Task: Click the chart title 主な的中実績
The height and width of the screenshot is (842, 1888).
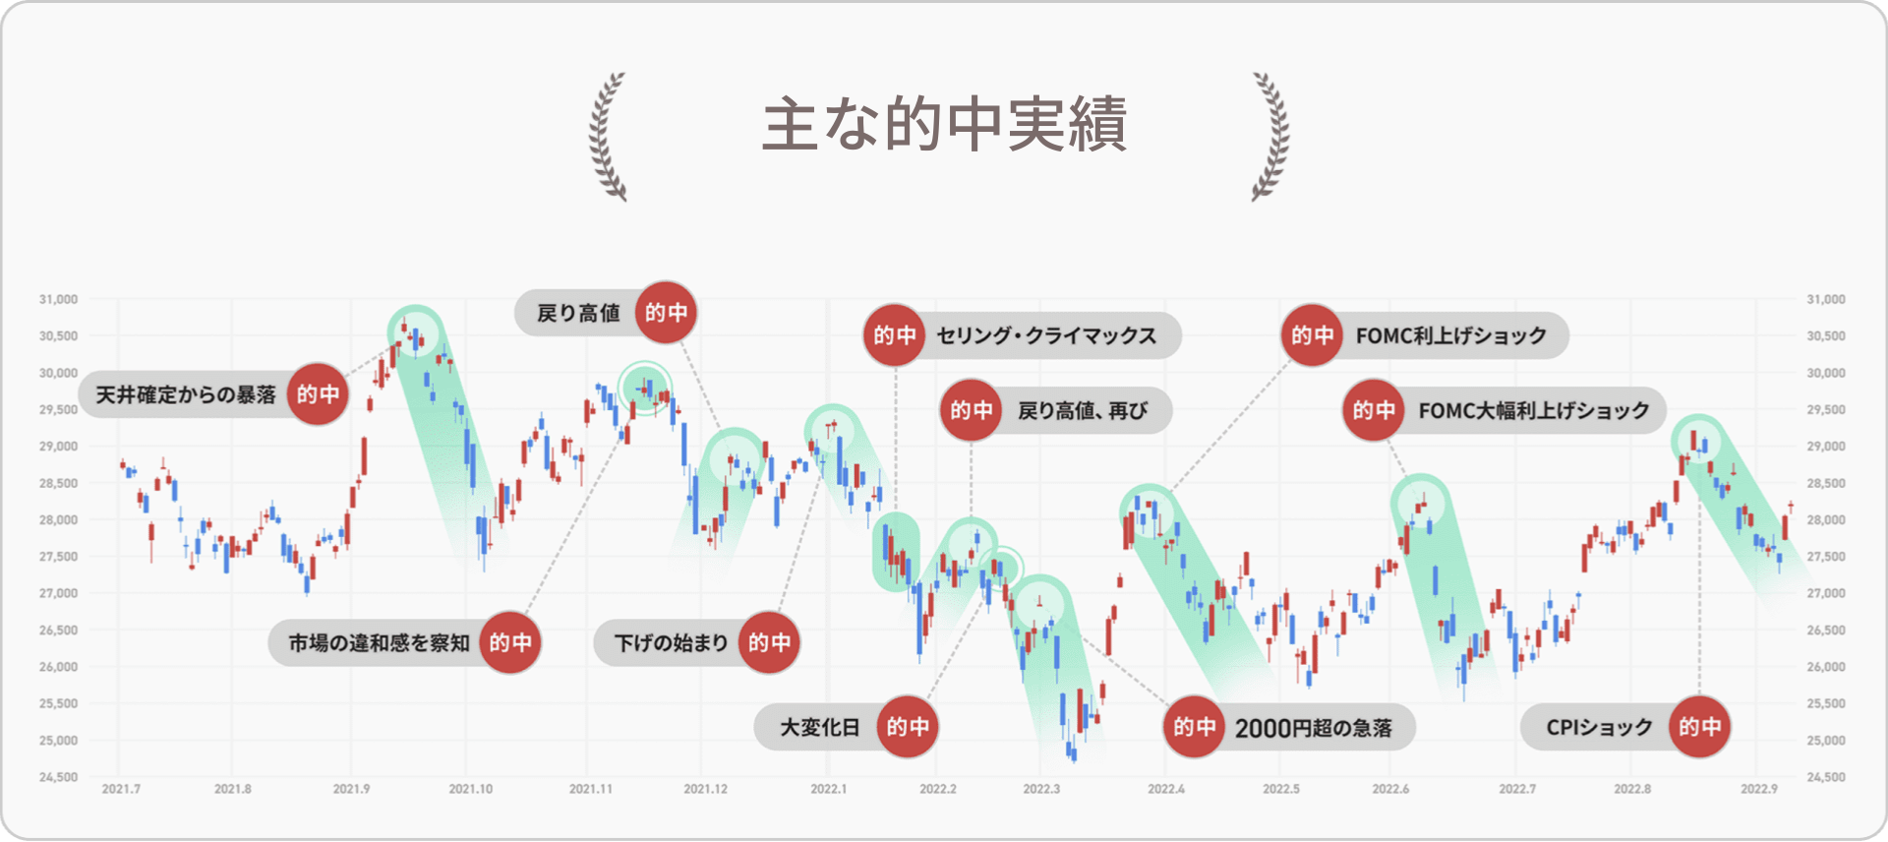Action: pyautogui.click(x=944, y=125)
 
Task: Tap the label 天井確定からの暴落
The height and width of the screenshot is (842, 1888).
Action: pyautogui.click(x=186, y=394)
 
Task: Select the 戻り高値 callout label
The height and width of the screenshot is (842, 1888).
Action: pyautogui.click(x=578, y=313)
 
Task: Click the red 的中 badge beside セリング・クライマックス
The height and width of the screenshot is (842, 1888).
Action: pyautogui.click(x=895, y=335)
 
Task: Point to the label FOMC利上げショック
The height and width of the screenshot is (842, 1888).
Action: pyautogui.click(x=1451, y=335)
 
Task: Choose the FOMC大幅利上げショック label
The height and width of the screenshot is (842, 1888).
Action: pyautogui.click(x=1534, y=410)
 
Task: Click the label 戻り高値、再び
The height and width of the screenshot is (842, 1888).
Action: pyautogui.click(x=1083, y=410)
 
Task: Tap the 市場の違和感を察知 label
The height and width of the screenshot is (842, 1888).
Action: pyautogui.click(x=379, y=643)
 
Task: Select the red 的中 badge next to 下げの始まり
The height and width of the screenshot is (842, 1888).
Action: pyautogui.click(x=769, y=643)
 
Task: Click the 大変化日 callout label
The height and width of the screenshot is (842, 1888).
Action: pyautogui.click(x=819, y=728)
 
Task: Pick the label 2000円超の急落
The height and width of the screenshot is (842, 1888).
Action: pyautogui.click(x=1314, y=728)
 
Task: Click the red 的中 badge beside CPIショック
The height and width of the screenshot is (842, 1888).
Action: pyautogui.click(x=1700, y=728)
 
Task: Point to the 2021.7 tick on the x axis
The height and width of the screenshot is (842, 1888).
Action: pyautogui.click(x=121, y=789)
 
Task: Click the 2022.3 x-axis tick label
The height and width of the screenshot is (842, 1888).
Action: pyautogui.click(x=1041, y=789)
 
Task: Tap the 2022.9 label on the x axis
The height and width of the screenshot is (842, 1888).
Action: pyautogui.click(x=1759, y=789)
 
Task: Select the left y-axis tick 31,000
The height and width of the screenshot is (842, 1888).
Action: pyautogui.click(x=58, y=299)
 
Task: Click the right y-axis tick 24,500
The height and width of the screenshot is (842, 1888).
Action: pyautogui.click(x=1826, y=777)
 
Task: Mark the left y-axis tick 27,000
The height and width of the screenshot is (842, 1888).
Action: pyautogui.click(x=58, y=593)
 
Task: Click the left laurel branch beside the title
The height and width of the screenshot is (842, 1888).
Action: pyautogui.click(x=607, y=136)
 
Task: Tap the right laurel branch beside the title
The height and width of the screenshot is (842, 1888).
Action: pyautogui.click(x=1270, y=136)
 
